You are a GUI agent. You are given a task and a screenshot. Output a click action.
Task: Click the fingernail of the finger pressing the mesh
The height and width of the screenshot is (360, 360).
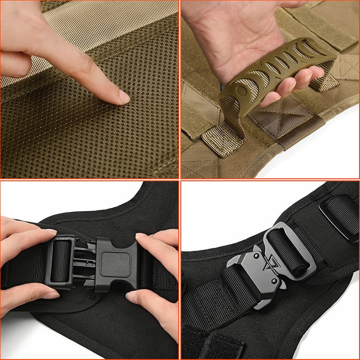click(122, 96)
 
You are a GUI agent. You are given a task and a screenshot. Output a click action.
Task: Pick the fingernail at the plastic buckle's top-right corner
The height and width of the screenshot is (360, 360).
click(141, 235)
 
